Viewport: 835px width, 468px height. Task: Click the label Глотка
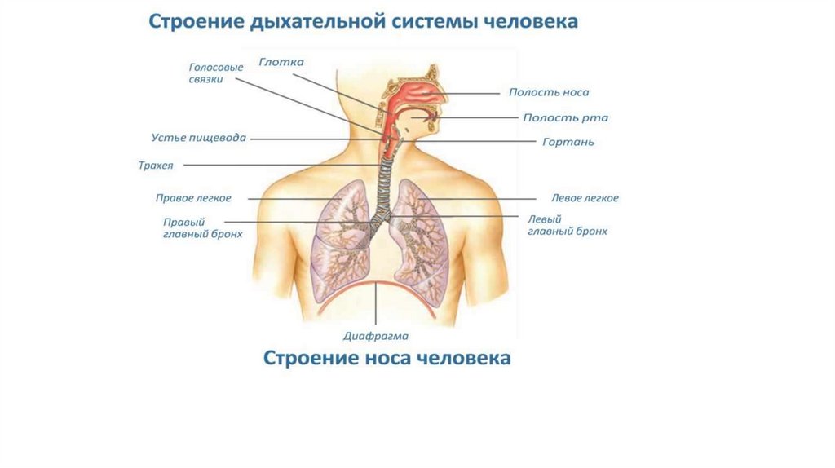(x=281, y=62)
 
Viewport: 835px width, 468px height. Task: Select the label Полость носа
(x=548, y=93)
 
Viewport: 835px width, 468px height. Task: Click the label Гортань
(x=568, y=142)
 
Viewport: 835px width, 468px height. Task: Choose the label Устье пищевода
(x=198, y=138)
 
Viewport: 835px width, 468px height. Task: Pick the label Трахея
(x=156, y=166)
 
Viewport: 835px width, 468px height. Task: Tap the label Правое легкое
(x=194, y=198)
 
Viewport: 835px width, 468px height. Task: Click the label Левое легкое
(x=585, y=198)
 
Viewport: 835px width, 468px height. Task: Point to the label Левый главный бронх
(x=568, y=225)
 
